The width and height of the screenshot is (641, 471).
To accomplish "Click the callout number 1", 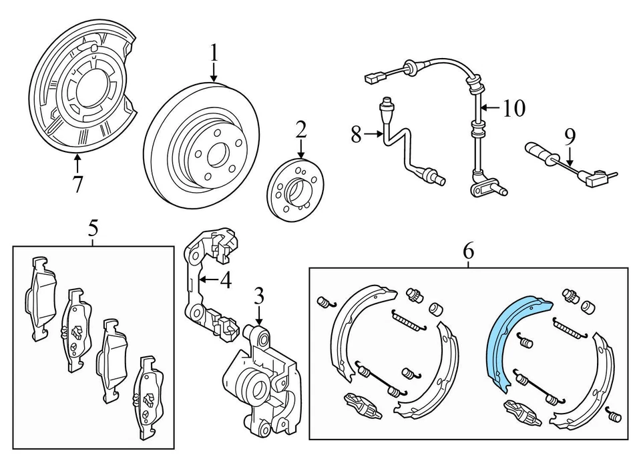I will coord(214,51).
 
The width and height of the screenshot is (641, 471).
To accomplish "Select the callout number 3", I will coord(260,295).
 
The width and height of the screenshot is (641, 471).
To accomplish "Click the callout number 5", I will coord(93,228).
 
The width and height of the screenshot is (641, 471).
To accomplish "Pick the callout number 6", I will coord(467,252).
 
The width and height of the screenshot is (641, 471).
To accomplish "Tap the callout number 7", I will coord(78,183).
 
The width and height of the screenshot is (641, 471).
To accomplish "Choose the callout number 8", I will coord(356,135).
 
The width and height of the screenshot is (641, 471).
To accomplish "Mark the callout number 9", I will coord(569,137).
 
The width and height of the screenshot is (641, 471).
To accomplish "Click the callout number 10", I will coord(514,107).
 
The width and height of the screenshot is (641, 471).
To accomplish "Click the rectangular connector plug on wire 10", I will coord(372,79).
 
